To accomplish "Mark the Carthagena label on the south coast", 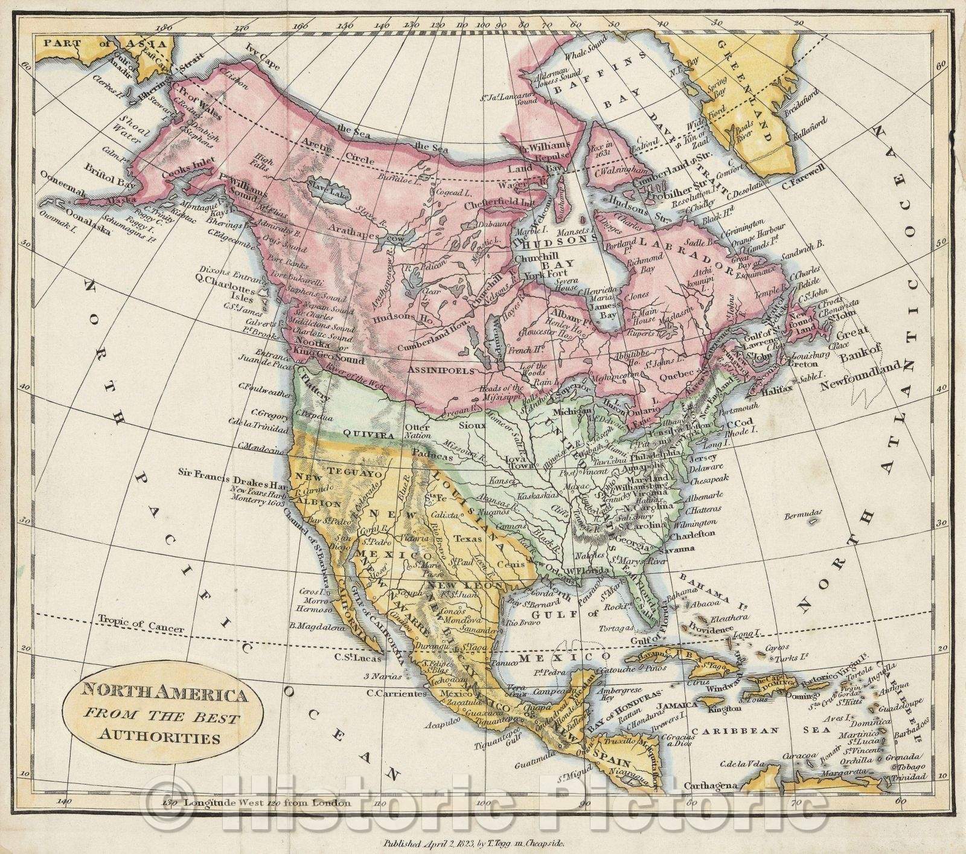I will pyautogui.click(x=711, y=786).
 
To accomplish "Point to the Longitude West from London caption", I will pyautogui.click(x=257, y=803).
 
